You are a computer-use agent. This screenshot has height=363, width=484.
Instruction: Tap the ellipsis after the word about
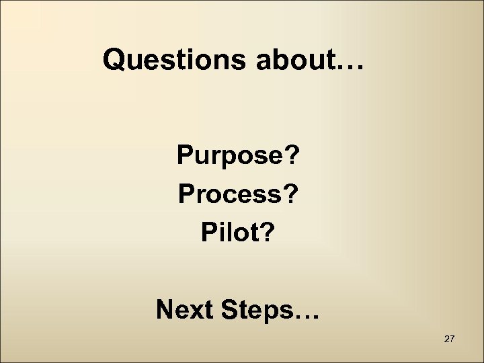[x=350, y=66]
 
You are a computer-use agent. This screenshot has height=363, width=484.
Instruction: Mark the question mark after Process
[x=293, y=195]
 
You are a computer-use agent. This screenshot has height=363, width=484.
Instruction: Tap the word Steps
[x=259, y=311]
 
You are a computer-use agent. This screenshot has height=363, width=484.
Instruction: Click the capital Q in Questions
[x=115, y=61]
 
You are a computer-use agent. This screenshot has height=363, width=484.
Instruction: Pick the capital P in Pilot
[x=208, y=233]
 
